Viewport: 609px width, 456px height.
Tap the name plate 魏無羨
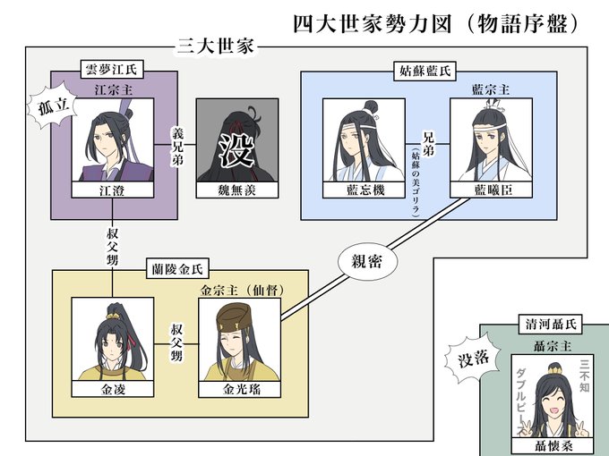pos(236,190)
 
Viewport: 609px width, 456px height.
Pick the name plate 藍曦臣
pos(491,190)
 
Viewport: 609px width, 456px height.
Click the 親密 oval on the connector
pos(362,263)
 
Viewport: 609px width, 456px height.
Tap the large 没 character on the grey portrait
pos(236,148)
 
